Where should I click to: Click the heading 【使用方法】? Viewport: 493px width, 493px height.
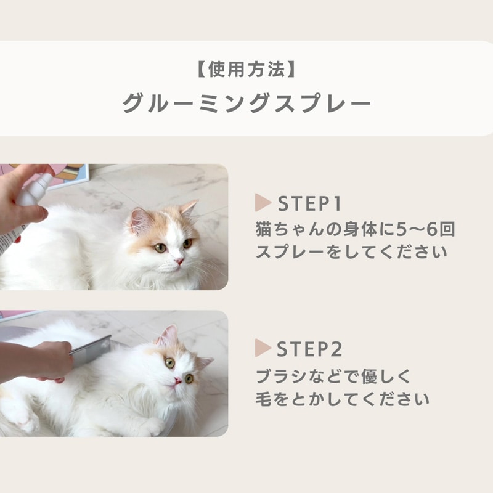pyautogui.click(x=246, y=70)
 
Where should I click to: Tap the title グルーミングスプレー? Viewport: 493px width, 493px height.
pyautogui.click(x=246, y=103)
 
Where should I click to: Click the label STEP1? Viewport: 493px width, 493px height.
pyautogui.click(x=309, y=203)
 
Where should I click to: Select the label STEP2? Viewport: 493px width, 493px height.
pyautogui.click(x=309, y=349)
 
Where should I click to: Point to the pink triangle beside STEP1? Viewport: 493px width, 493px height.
pyautogui.click(x=263, y=203)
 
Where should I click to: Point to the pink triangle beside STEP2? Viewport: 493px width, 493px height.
pyautogui.click(x=263, y=348)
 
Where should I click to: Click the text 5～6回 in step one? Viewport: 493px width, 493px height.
pyautogui.click(x=425, y=229)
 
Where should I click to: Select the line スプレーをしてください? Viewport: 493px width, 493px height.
pyautogui.click(x=351, y=252)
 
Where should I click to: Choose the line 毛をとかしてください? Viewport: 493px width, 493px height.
pyautogui.click(x=343, y=399)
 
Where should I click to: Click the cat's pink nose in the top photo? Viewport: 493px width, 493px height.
pyautogui.click(x=179, y=261)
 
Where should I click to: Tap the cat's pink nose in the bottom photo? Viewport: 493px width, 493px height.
pyautogui.click(x=177, y=380)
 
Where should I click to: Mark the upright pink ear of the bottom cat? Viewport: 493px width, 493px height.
pyautogui.click(x=168, y=335)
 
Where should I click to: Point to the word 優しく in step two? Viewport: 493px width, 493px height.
pyautogui.click(x=386, y=377)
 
